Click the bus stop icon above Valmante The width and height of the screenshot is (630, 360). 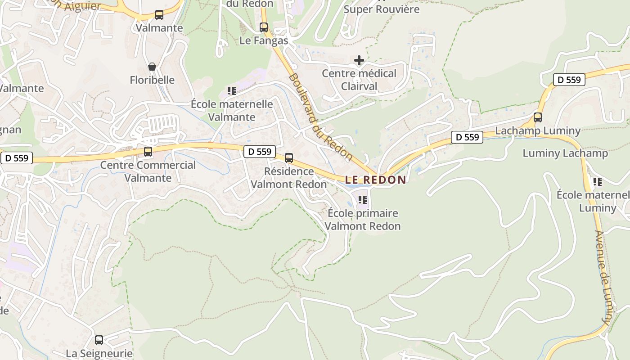159,15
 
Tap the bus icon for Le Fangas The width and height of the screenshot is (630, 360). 264,27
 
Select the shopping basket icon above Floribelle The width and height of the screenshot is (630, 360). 152,67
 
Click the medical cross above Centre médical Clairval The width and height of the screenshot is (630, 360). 359,60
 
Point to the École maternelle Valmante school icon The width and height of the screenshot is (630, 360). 232,91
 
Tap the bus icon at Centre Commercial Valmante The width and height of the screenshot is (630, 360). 148,152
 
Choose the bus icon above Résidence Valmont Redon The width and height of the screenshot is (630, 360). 289,158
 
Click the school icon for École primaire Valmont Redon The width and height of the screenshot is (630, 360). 363,199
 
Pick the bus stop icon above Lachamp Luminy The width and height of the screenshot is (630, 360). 538,117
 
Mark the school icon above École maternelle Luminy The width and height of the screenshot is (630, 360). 597,182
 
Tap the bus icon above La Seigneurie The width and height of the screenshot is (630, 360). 99,340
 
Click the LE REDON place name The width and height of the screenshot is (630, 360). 376,180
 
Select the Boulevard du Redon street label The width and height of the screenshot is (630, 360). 320,117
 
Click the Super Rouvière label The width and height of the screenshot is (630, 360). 382,9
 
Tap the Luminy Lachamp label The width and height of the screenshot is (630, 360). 565,153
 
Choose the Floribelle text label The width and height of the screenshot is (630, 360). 152,80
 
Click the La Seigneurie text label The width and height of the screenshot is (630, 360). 99,353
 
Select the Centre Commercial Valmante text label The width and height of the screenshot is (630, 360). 148,171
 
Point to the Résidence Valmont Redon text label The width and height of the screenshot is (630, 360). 289,178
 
